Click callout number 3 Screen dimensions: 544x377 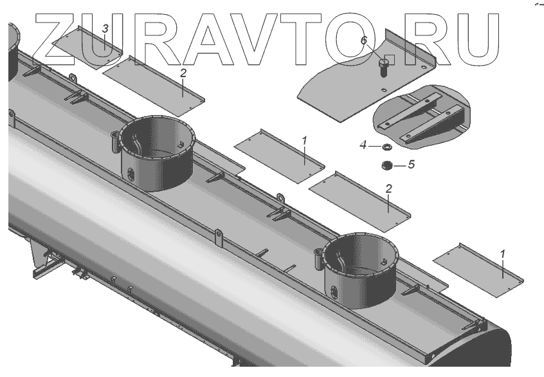106,29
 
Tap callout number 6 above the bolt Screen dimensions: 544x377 364,41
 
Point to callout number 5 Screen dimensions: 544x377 411,164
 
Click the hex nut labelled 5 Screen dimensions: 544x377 388,165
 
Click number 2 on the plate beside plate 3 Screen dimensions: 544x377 183,74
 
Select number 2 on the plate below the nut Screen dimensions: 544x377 388,188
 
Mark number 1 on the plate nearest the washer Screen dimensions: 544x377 305,141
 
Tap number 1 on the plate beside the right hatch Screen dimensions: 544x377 503,254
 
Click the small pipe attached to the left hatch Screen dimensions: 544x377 116,140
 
